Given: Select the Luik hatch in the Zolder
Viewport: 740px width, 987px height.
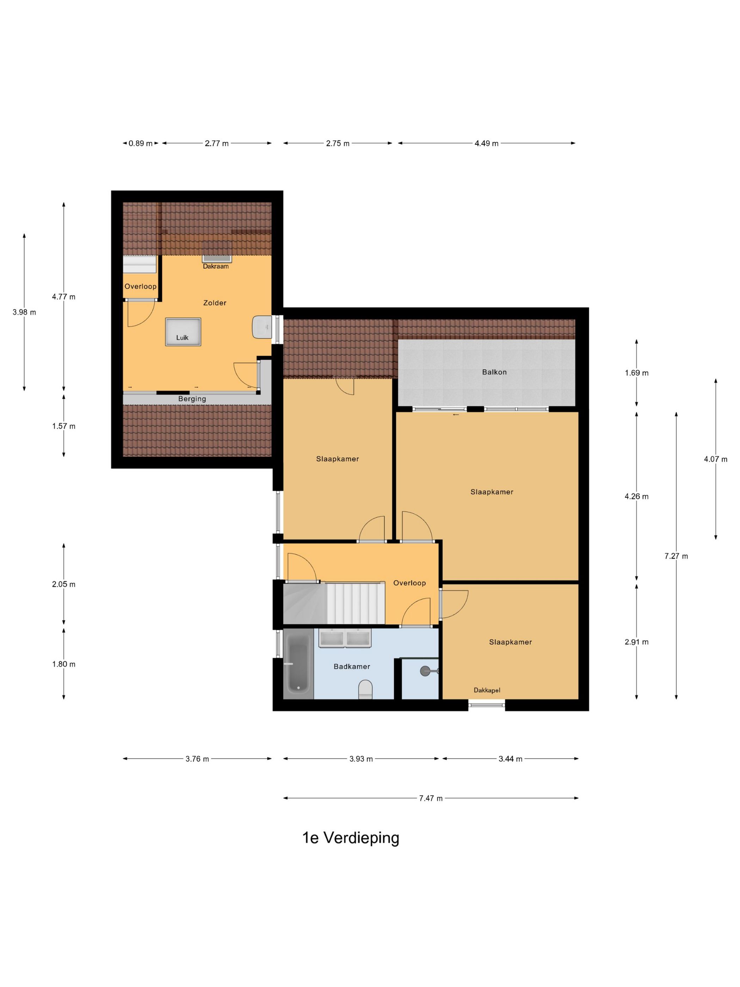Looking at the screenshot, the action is point(183,332).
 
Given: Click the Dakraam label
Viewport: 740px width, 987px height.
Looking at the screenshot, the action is point(216,266).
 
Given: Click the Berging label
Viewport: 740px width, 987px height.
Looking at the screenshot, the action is point(192,399).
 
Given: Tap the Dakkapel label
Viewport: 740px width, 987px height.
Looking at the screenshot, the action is point(487,690).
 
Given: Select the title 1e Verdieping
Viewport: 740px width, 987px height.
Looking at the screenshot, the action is point(351,838).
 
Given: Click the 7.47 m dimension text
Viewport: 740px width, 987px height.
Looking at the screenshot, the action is point(431,798).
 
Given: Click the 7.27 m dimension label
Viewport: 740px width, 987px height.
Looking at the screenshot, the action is point(676,556).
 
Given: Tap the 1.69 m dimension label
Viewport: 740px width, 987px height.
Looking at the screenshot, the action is point(636,373).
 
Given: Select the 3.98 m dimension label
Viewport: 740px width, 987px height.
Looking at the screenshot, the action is point(24,312).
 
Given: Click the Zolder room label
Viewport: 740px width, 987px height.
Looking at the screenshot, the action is point(215,303).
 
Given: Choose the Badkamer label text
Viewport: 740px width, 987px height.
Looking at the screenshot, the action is point(352,667).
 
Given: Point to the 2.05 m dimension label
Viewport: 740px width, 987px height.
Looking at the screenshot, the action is point(64,584).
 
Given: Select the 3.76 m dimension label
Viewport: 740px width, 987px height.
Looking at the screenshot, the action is point(197,759).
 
